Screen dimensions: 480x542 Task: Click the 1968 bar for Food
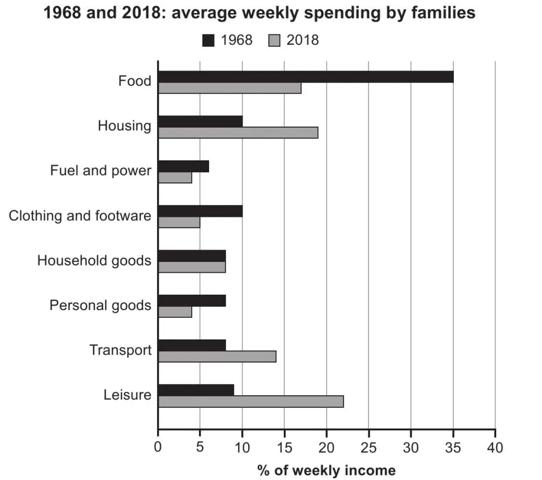coord(305,77)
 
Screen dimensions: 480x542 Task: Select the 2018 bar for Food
coord(229,88)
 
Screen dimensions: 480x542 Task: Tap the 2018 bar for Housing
coord(238,133)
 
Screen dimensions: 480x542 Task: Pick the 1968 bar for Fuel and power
coord(183,166)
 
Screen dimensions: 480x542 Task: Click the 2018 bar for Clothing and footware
coord(179,222)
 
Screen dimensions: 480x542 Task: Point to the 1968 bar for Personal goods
coord(192,300)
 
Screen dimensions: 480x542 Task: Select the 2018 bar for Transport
coord(217,356)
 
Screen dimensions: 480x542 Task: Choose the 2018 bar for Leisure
coord(250,402)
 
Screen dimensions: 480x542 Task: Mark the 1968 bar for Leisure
coord(196,390)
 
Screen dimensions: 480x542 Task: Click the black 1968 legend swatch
coord(207,40)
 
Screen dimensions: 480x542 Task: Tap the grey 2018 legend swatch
coord(274,40)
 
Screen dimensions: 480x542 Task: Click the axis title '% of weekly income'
coord(326,470)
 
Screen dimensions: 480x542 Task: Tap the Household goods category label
coord(94,261)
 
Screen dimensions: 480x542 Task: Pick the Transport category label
coord(120,350)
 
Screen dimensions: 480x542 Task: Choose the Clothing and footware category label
coord(80,216)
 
